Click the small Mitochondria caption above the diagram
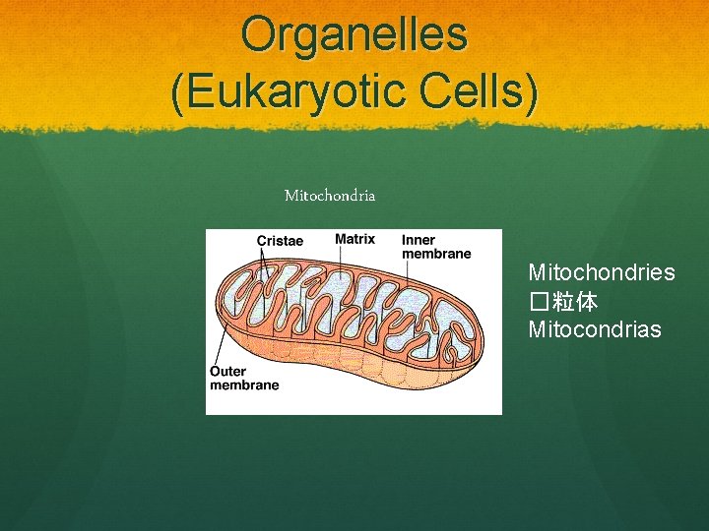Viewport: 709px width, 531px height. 330,196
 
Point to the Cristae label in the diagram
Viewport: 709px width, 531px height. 280,241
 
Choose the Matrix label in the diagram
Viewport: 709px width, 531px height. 354,239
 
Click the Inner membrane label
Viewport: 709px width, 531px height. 435,247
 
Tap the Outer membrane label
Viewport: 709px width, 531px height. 244,379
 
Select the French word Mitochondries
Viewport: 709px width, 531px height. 602,272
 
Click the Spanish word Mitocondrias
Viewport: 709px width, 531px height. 595,329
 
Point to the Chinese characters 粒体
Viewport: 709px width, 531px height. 575,301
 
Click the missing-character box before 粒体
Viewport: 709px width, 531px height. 539,301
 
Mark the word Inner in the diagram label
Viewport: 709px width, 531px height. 419,240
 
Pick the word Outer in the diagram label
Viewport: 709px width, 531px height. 228,372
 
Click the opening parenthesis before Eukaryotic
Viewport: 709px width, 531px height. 178,92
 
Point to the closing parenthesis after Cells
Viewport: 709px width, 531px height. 532,92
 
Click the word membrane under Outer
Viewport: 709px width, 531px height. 244,385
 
